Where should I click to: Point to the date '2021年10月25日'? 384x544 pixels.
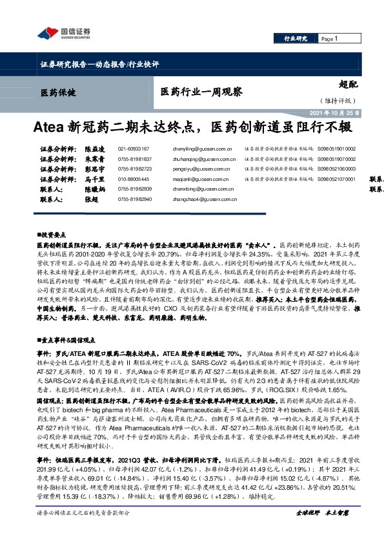pos(334,112)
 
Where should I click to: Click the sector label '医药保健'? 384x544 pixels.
pos(57,92)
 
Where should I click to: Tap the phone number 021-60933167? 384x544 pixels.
pos(134,148)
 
